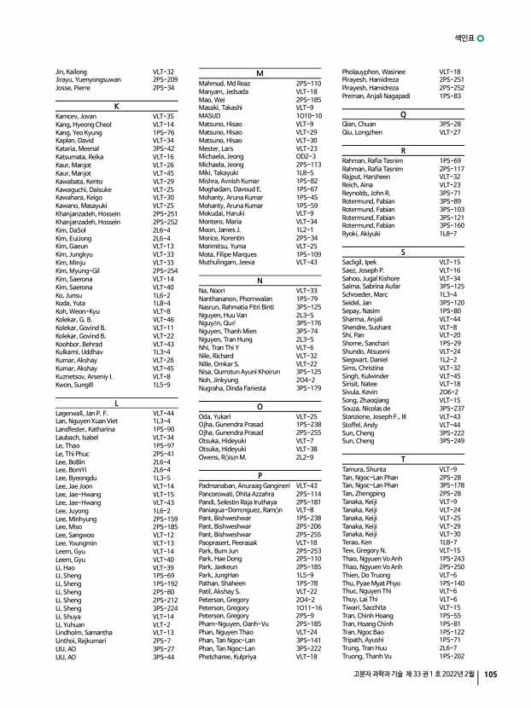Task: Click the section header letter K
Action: tap(115, 105)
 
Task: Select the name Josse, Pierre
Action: tap(72, 88)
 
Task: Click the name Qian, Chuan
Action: tap(359, 125)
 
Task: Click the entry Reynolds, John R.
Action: tap(367, 194)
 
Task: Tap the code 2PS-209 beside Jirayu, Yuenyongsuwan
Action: tap(165, 80)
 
